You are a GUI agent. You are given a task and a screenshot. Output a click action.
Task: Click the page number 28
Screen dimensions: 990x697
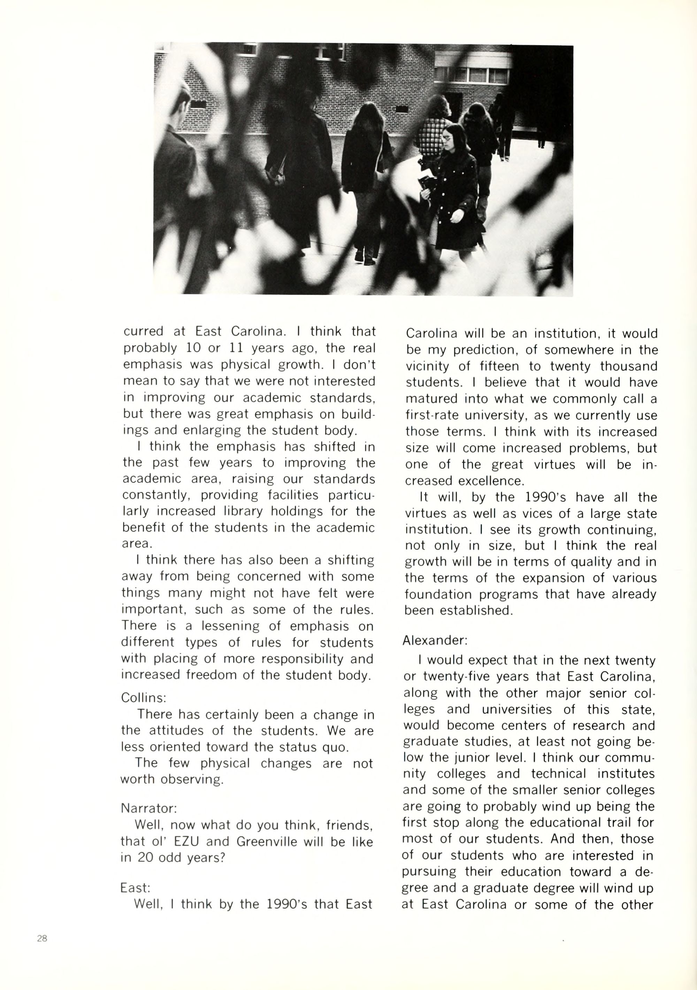click(42, 938)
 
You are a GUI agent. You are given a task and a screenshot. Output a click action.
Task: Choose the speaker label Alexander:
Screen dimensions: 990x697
click(435, 640)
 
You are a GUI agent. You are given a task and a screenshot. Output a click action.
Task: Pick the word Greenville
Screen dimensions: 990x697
click(267, 841)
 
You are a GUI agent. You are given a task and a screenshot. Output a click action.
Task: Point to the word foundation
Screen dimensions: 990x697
click(439, 594)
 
